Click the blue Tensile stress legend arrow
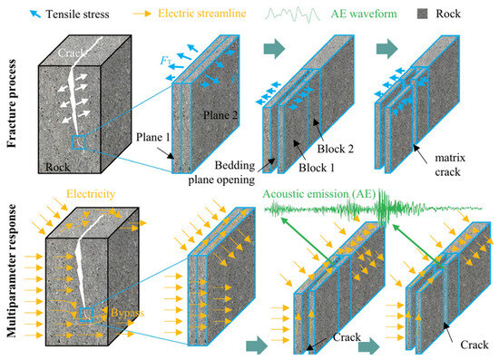point(35,14)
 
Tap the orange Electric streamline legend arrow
point(142,14)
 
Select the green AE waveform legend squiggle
point(292,15)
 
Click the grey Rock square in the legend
point(422,14)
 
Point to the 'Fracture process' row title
point(12,103)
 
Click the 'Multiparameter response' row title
point(12,270)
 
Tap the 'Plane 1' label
point(153,137)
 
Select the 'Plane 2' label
point(220,115)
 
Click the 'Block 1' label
point(317,168)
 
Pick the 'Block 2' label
point(336,149)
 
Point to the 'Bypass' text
point(127,313)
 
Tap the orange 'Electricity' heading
point(91,194)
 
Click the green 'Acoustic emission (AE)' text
point(318,194)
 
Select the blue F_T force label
point(165,60)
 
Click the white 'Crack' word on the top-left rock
point(72,53)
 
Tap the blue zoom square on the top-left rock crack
point(79,142)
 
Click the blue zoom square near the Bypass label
point(85,315)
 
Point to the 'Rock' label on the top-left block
point(57,167)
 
